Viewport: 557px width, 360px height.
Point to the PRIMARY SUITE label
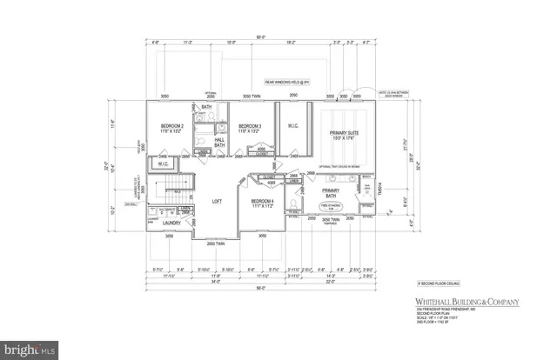345,133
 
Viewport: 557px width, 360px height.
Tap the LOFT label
218,201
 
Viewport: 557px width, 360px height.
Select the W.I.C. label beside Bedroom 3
293,125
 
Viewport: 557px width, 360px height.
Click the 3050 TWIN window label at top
252,96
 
